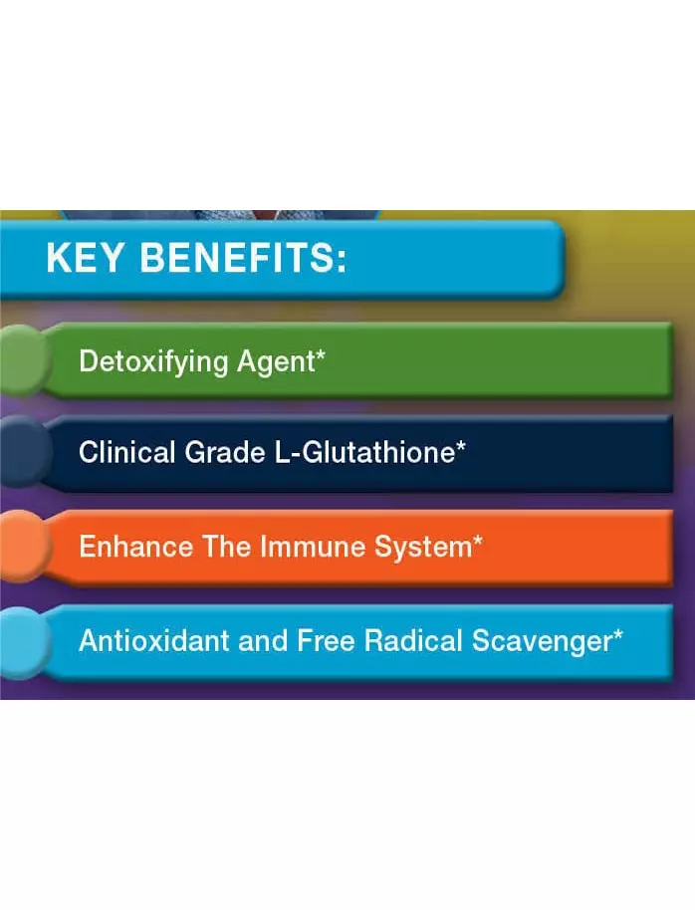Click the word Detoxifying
tap(153, 362)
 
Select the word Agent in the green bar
tap(276, 362)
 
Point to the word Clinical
tap(126, 452)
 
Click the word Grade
tap(225, 452)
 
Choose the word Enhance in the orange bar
tap(135, 547)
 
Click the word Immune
tap(312, 547)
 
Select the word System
tap(424, 548)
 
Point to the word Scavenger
tap(542, 642)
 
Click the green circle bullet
tap(22, 359)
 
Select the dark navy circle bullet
tap(22, 452)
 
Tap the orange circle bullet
tap(22, 547)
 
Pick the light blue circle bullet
tap(22, 642)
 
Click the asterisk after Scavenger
tap(617, 634)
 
